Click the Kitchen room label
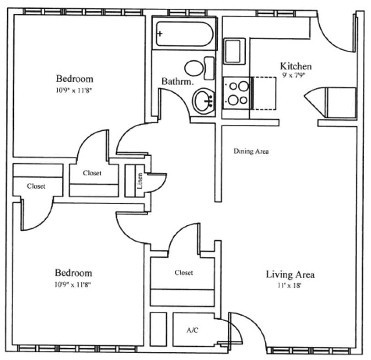(x=296, y=67)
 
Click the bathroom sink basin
(x=204, y=101)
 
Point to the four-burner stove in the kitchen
(x=236, y=92)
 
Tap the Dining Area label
(x=251, y=151)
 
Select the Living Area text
(x=290, y=275)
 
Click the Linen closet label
(x=140, y=181)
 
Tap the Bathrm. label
(x=178, y=82)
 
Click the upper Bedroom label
(x=75, y=78)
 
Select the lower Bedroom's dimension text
(x=73, y=284)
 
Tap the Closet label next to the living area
(x=183, y=273)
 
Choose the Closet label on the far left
(x=36, y=186)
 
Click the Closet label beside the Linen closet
(x=92, y=173)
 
